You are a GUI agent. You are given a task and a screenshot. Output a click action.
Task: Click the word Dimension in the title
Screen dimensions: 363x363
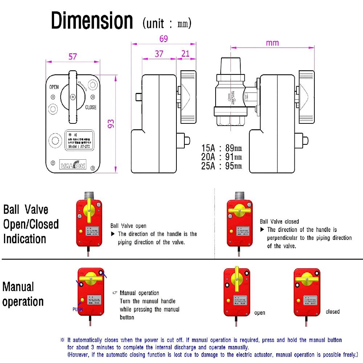(x=92, y=21)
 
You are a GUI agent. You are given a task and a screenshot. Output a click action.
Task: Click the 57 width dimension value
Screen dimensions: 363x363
(x=73, y=56)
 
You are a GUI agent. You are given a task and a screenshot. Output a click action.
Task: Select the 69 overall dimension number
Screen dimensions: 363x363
(x=163, y=38)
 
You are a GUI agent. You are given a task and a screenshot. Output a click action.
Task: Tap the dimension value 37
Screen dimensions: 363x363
(x=159, y=54)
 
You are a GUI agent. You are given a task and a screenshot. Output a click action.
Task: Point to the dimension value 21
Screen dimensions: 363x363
(x=185, y=54)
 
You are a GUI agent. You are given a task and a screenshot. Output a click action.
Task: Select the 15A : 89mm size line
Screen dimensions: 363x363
(x=222, y=148)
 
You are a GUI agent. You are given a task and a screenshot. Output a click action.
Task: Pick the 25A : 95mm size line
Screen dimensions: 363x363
(x=222, y=166)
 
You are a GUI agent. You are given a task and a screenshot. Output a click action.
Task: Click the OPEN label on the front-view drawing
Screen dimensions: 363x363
(x=54, y=87)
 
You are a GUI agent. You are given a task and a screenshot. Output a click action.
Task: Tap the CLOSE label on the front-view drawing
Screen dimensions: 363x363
(x=91, y=107)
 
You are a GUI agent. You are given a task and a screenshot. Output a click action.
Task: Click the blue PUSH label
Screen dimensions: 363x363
(x=77, y=310)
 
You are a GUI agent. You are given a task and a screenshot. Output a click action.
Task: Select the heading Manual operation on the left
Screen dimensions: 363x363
(x=23, y=294)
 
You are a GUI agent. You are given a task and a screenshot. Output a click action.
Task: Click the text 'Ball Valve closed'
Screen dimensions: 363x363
(x=279, y=221)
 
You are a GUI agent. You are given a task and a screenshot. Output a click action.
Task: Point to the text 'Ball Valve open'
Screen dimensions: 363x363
(x=129, y=226)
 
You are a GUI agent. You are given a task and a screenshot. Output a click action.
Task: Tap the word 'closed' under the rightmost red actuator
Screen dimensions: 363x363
(x=333, y=311)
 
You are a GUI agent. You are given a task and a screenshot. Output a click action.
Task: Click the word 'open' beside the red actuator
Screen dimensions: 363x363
(x=260, y=313)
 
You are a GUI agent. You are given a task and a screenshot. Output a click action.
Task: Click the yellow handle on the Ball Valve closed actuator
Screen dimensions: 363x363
(x=240, y=212)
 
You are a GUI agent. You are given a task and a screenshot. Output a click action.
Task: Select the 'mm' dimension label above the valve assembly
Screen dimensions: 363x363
(x=272, y=43)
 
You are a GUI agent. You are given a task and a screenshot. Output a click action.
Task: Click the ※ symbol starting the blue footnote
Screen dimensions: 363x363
(x=62, y=340)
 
